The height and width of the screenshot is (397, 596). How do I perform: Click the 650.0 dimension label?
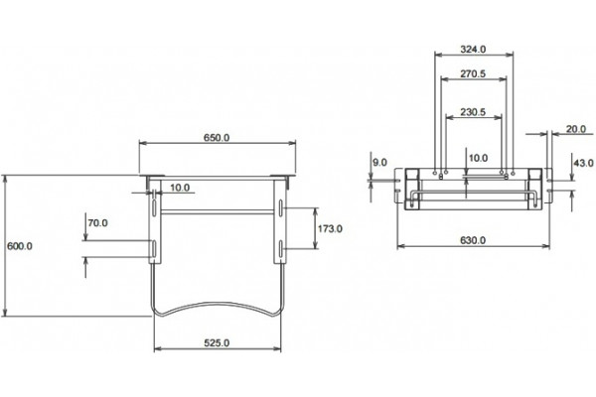tap(217, 138)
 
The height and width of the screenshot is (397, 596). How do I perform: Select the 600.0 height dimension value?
tap(20, 246)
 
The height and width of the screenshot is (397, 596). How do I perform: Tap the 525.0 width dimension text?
tap(217, 343)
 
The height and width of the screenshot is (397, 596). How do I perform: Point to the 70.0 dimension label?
tap(97, 223)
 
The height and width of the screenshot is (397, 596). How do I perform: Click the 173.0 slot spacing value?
tap(330, 228)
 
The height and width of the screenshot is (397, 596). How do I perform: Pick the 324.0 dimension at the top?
tap(473, 49)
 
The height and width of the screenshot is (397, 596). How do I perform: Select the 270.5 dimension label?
tap(473, 73)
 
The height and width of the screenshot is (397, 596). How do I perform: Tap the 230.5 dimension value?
tap(473, 112)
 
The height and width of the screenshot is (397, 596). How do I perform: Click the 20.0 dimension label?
tap(576, 129)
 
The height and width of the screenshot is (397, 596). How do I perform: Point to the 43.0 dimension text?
tap(583, 163)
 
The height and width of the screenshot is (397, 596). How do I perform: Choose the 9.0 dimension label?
tap(379, 163)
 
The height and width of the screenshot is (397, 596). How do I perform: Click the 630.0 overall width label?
tap(473, 240)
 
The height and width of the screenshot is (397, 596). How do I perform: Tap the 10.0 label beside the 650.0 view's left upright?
tap(180, 188)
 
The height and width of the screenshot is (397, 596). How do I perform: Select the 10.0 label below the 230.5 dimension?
tap(478, 158)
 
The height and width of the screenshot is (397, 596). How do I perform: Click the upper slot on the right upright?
tap(280, 207)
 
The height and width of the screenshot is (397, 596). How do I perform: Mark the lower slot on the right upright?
tap(280, 248)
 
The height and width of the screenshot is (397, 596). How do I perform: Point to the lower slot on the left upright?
tap(154, 248)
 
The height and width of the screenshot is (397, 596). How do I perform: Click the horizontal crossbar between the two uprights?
tap(218, 212)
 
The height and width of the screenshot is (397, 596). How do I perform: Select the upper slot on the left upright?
tap(154, 207)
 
